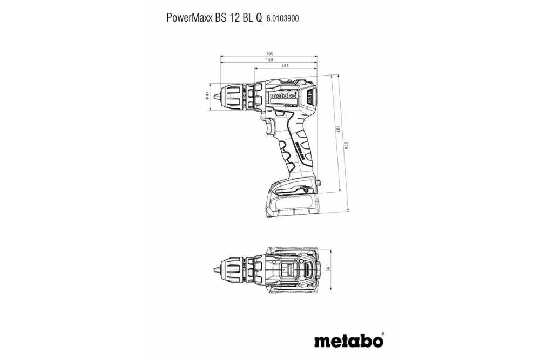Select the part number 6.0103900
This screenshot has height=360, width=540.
(283, 18)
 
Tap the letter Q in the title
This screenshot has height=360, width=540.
(259, 18)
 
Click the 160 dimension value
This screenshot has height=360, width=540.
(270, 53)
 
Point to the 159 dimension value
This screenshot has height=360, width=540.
(270, 60)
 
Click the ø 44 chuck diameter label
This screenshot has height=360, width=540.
(207, 95)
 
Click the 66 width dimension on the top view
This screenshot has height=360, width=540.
(328, 269)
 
